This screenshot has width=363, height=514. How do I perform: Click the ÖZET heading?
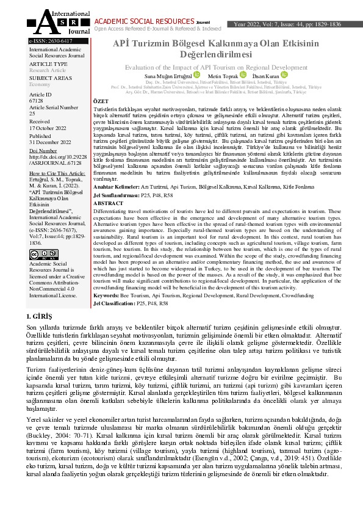coord(99,100)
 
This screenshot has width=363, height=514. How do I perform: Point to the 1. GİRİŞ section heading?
coord(40,316)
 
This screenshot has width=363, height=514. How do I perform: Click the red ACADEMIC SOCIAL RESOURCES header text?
coord(140,21)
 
